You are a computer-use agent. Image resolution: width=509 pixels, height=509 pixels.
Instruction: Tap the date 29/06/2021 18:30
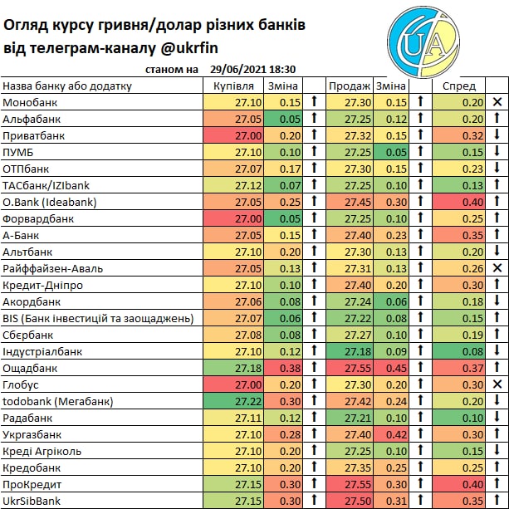tap(254, 71)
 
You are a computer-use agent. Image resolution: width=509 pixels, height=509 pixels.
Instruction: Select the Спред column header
tap(459, 86)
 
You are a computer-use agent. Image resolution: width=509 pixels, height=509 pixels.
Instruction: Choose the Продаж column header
tap(350, 86)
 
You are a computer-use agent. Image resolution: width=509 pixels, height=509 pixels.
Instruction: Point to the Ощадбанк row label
tap(30, 368)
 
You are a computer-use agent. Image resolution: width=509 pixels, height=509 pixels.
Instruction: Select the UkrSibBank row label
tap(33, 501)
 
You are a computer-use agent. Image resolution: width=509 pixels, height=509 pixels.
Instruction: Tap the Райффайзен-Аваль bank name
tap(54, 268)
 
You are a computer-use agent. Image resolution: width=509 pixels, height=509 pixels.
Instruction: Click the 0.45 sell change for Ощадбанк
tap(396, 368)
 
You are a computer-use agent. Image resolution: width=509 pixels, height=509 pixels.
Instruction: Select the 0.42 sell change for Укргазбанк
tap(396, 434)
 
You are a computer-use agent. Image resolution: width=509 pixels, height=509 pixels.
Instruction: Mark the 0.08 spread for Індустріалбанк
tap(472, 351)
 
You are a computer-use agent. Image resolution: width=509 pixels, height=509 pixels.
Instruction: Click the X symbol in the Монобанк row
tap(497, 102)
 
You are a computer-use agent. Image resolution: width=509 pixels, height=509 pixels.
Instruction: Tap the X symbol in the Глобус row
tap(497, 384)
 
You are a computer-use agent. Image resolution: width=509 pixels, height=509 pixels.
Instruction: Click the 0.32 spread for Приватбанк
tap(472, 135)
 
